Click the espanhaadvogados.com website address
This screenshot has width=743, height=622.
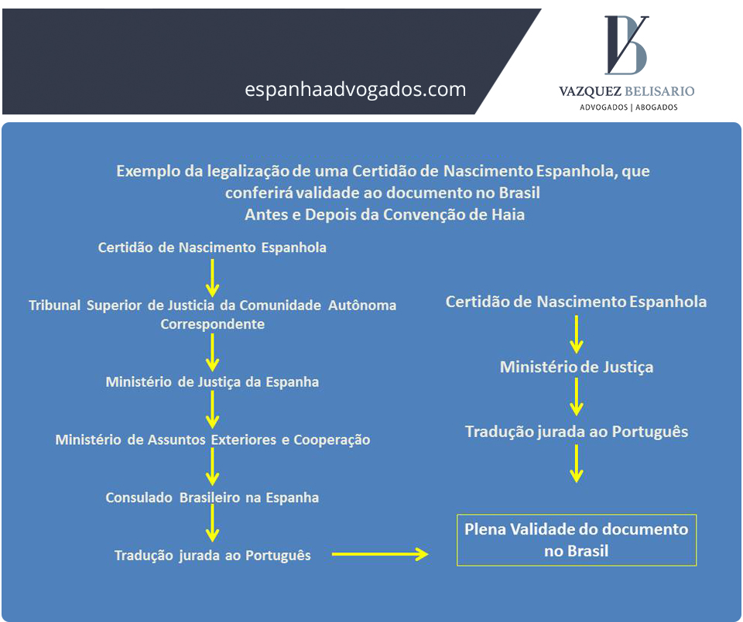click(355, 90)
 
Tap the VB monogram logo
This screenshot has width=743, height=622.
click(626, 45)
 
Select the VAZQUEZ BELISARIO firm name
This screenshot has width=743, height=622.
click(626, 91)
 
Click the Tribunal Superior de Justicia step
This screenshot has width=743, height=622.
click(212, 306)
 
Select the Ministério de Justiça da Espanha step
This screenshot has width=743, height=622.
click(212, 382)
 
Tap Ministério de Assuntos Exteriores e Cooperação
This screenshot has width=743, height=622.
click(212, 440)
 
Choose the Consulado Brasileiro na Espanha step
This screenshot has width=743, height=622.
click(212, 497)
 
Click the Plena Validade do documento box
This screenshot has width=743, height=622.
click(577, 540)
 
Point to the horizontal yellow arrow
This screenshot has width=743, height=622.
click(380, 554)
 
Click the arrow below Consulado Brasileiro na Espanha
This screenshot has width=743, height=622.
click(212, 525)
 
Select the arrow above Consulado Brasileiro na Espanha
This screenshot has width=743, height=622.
click(212, 469)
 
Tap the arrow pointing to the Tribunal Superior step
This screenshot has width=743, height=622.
click(212, 276)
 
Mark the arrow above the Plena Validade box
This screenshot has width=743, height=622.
click(576, 465)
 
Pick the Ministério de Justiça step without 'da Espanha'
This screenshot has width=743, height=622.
click(576, 367)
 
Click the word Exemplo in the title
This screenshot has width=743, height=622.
click(145, 172)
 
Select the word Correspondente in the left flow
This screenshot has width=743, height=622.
click(212, 324)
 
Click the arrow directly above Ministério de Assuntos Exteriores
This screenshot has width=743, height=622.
click(212, 411)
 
